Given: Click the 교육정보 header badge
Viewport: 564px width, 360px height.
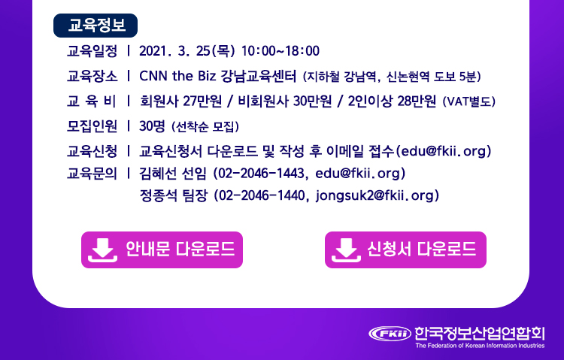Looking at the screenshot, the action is pyautogui.click(x=96, y=26).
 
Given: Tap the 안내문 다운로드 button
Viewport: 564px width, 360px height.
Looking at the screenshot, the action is pyautogui.click(x=162, y=250).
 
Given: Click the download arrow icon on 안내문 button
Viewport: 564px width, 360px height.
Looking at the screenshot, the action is pyautogui.click(x=102, y=250).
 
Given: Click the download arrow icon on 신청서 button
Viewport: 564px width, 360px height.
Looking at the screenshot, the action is pyautogui.click(x=346, y=250).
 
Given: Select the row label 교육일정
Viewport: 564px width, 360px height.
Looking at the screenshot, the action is pyautogui.click(x=92, y=51).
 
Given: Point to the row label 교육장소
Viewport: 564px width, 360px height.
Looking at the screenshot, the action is pyautogui.click(x=92, y=76).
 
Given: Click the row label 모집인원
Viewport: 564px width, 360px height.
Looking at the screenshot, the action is pyautogui.click(x=92, y=126).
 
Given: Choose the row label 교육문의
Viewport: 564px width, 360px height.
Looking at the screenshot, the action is pyautogui.click(x=92, y=174).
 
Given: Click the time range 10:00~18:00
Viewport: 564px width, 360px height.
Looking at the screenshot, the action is pyautogui.click(x=280, y=51).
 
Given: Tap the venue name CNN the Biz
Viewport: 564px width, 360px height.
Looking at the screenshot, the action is pyautogui.click(x=177, y=76).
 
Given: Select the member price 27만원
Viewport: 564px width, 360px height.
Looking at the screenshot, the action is pyautogui.click(x=202, y=101).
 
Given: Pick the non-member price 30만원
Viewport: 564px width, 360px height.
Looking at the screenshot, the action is pyautogui.click(x=312, y=101).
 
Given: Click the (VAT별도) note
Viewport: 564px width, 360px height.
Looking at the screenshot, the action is pyautogui.click(x=469, y=101).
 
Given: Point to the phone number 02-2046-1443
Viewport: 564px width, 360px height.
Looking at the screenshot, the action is pyautogui.click(x=261, y=174).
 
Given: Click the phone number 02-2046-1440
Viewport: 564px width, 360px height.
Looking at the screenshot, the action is pyautogui.click(x=262, y=195).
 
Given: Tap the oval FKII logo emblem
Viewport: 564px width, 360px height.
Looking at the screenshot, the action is pyautogui.click(x=390, y=334).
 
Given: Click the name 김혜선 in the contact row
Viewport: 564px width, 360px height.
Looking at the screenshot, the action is pyautogui.click(x=158, y=174).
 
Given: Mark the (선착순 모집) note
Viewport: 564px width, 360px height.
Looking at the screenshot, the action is pyautogui.click(x=205, y=126).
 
